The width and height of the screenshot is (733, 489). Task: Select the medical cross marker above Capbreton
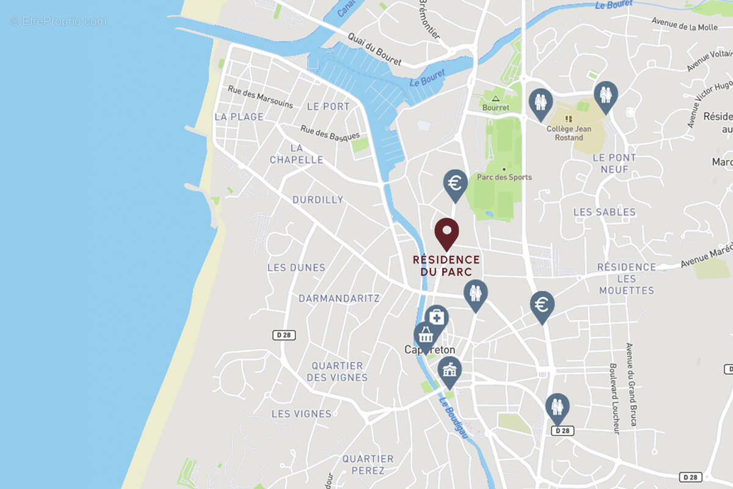point(436,317)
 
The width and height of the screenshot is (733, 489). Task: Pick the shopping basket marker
point(426,336)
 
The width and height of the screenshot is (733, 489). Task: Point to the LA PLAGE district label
point(239,117)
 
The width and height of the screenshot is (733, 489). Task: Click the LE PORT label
point(328,106)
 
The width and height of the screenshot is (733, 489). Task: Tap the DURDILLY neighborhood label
point(318,200)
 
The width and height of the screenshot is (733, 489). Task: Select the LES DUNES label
point(296,268)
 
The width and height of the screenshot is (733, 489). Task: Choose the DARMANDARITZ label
point(339,298)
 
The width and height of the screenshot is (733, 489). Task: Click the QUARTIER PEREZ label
point(368,465)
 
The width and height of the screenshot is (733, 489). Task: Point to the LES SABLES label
point(604,212)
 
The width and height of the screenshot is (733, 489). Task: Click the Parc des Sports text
point(505,177)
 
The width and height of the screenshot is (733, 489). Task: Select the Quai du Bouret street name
point(374,49)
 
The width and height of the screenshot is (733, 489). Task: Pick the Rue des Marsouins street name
point(260,97)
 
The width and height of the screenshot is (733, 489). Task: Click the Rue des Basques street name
point(329,133)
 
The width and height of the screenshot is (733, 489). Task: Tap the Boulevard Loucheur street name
point(614,399)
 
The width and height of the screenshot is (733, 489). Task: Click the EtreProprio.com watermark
point(58,21)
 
